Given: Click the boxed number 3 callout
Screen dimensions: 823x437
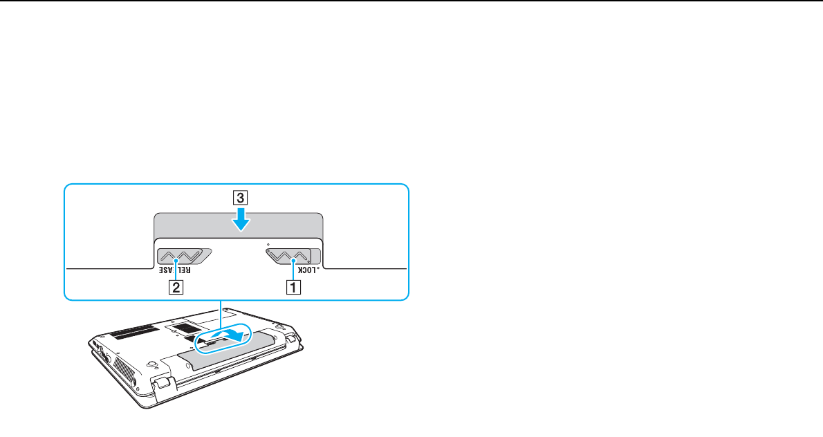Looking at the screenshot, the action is tap(241, 198).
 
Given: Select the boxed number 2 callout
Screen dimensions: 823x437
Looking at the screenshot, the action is tap(176, 288).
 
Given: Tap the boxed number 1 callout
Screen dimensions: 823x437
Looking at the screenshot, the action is tap(293, 288).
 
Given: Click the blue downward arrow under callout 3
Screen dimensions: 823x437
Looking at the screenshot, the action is tap(241, 218).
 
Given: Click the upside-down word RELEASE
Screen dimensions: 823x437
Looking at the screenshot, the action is tap(175, 270).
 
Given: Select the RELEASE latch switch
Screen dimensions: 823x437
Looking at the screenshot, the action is tap(184, 256).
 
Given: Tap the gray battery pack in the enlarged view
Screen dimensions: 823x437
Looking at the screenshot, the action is tap(239, 225).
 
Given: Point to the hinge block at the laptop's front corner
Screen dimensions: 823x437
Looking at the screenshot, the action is tap(163, 382).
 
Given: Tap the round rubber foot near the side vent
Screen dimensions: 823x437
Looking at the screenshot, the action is tap(150, 362).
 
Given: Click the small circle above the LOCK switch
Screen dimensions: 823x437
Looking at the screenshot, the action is tap(268, 244).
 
